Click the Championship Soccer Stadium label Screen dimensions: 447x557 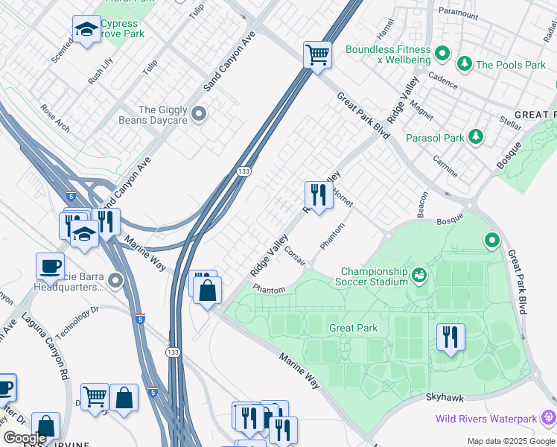pyautogui.click(x=374, y=276)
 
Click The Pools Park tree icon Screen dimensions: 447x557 pyautogui.click(x=465, y=65)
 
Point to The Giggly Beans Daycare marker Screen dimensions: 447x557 pyautogui.click(x=199, y=114)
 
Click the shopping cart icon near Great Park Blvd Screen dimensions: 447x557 pyautogui.click(x=317, y=54)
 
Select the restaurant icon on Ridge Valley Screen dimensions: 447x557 pyautogui.click(x=319, y=195)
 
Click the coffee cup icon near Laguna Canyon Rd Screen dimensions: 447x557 pyautogui.click(x=50, y=266)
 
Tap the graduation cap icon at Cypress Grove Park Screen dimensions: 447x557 pyautogui.click(x=86, y=30)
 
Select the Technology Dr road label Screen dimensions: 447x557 pyautogui.click(x=77, y=320)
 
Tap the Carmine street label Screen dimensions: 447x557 pyautogui.click(x=445, y=168)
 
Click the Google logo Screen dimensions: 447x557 pyautogui.click(x=25, y=438)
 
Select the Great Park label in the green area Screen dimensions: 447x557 pyautogui.click(x=354, y=328)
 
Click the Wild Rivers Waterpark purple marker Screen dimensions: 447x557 pyautogui.click(x=550, y=416)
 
